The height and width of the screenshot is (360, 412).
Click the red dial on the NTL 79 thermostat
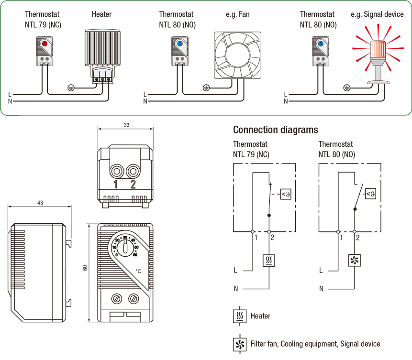(45, 44)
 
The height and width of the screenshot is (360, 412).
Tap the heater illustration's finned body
(102, 47)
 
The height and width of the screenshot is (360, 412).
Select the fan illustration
(237, 55)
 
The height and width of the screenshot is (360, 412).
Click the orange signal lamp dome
(378, 50)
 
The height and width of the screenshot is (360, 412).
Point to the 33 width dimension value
(127, 125)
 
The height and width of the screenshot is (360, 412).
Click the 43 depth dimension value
(40, 203)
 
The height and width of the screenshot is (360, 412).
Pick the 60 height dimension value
(85, 268)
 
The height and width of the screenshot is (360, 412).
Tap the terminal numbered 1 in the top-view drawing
(117, 172)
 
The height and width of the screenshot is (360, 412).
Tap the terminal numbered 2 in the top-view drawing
(133, 172)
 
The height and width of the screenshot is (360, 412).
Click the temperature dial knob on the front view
(125, 248)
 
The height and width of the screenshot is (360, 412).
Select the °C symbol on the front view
(138, 271)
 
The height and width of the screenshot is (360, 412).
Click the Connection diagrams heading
(275, 130)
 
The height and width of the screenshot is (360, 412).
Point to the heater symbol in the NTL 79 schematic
(269, 261)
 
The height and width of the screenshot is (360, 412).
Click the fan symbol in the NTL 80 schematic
(354, 261)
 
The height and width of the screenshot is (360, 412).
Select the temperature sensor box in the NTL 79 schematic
(286, 194)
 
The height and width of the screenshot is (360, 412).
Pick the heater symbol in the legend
(240, 316)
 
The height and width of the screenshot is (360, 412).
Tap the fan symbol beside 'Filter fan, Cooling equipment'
(240, 344)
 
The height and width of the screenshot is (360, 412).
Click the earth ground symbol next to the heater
(71, 87)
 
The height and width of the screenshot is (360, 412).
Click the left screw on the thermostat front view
(117, 299)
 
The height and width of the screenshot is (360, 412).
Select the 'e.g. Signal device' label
(377, 14)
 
